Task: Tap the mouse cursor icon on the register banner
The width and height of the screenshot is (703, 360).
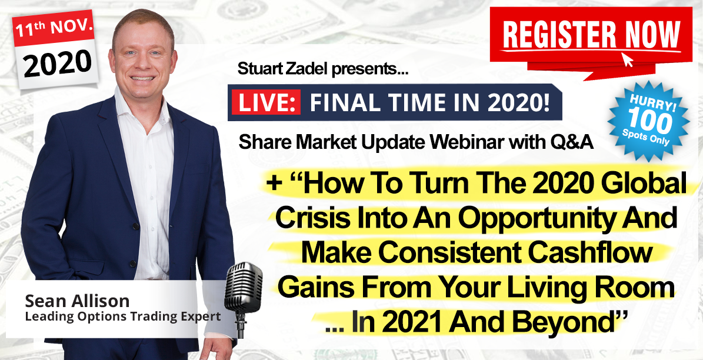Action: coord(627,59)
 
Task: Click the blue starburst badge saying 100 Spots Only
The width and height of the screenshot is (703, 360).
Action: coord(649,120)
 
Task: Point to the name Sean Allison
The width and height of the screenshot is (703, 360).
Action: coord(77,301)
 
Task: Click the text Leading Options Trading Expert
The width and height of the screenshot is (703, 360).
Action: coord(123,316)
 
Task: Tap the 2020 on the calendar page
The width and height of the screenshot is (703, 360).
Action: coord(58,64)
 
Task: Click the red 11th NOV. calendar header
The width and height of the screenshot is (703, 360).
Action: coord(54,28)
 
